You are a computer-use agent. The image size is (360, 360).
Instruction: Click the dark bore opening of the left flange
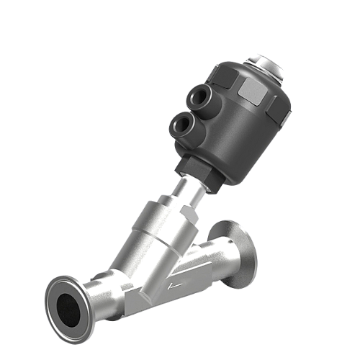69,305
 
